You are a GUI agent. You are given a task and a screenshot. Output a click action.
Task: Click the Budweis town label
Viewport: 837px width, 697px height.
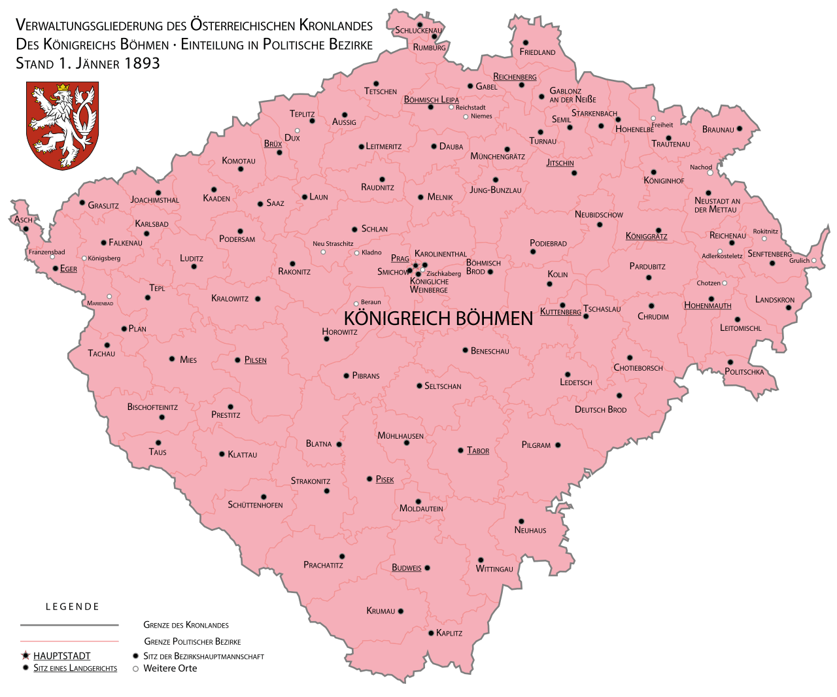(x=406, y=568)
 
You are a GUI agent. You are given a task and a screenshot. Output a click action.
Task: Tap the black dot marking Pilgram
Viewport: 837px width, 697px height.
(x=558, y=445)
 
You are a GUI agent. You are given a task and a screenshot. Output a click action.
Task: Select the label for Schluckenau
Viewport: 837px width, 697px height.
(x=418, y=30)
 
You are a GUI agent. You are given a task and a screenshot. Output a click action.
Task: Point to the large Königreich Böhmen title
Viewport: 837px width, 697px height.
(x=438, y=318)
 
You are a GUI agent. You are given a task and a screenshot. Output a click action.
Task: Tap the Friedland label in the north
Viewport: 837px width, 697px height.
(x=538, y=52)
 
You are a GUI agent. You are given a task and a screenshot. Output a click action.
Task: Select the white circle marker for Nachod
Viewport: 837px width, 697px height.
(x=710, y=173)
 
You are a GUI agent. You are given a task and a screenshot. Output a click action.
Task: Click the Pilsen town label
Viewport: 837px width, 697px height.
(x=255, y=360)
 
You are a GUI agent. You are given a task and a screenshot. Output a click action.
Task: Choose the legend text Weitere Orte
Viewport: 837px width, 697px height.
(x=170, y=668)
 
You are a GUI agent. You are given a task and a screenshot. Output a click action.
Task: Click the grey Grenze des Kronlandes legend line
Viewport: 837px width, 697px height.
(x=69, y=625)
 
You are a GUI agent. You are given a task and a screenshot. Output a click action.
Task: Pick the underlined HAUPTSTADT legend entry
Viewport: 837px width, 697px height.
(x=62, y=656)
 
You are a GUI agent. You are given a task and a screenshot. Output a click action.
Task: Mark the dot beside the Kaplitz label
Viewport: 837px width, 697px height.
(x=431, y=633)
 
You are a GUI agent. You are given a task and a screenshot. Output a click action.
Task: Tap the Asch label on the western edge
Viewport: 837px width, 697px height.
(x=24, y=220)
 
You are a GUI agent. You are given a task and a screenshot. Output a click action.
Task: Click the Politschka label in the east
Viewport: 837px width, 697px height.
(x=744, y=371)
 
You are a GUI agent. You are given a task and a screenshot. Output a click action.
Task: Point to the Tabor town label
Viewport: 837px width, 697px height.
(x=478, y=450)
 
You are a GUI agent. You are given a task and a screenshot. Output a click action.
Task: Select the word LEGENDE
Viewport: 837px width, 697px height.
(x=73, y=607)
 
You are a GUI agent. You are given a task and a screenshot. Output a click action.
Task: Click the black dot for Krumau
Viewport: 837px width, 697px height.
(x=401, y=611)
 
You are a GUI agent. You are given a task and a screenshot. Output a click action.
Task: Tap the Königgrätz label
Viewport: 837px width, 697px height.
(x=646, y=236)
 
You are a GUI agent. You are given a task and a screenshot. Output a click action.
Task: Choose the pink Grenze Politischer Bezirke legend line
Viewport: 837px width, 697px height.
(x=69, y=641)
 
